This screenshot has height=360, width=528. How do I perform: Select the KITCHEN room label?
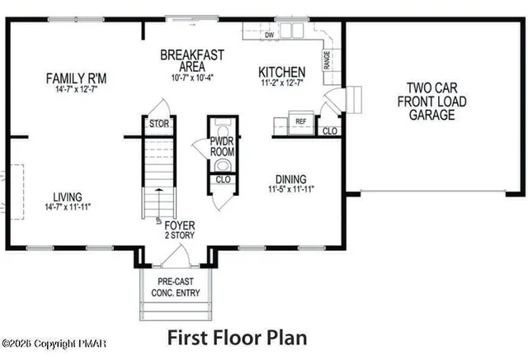[x=282, y=73]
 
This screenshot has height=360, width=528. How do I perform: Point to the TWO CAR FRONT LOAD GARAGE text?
[x=431, y=102]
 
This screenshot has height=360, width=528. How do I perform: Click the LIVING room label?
[x=68, y=197]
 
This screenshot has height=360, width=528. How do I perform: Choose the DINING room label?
[x=291, y=179]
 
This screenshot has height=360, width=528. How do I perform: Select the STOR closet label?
[x=158, y=125]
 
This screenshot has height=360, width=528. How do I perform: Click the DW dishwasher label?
[x=270, y=36]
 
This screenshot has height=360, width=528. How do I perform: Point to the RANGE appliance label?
[x=328, y=59]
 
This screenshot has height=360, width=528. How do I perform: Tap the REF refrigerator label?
[x=301, y=121]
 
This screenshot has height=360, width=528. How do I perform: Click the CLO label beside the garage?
[x=329, y=131]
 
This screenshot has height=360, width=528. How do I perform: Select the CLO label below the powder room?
[x=222, y=179]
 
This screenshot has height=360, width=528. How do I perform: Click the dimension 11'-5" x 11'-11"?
[x=291, y=189]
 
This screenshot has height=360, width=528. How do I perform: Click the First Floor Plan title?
[x=238, y=337]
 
